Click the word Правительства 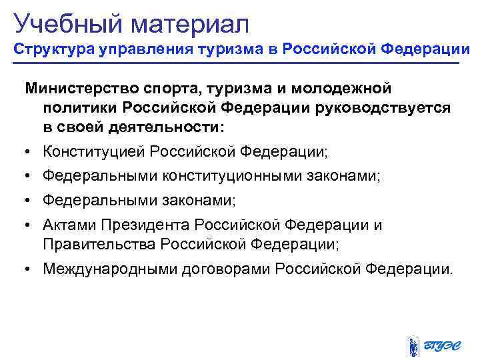coord(99,244)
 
